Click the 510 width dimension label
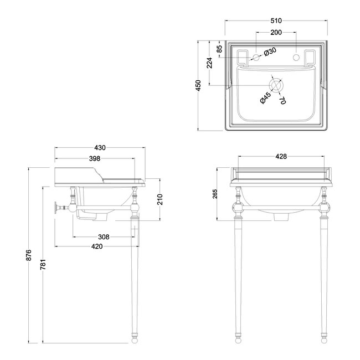[x=276, y=20]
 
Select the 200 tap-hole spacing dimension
[x=276, y=33]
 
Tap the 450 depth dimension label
[x=199, y=85]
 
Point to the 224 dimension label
[x=209, y=63]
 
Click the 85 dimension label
[x=219, y=49]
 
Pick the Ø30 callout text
[x=270, y=52]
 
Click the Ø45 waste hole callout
[x=266, y=98]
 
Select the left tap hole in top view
[x=256, y=57]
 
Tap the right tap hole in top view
[x=296, y=57]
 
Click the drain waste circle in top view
[x=276, y=85]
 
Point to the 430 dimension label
[x=100, y=148]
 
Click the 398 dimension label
[x=95, y=158]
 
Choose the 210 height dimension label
[x=160, y=199]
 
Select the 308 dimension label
[x=104, y=236]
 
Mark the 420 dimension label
[x=97, y=246]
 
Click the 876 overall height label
[x=28, y=255]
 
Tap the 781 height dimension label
[x=43, y=265]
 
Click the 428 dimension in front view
[x=281, y=156]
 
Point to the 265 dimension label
[x=215, y=194]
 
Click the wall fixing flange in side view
[x=55, y=208]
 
